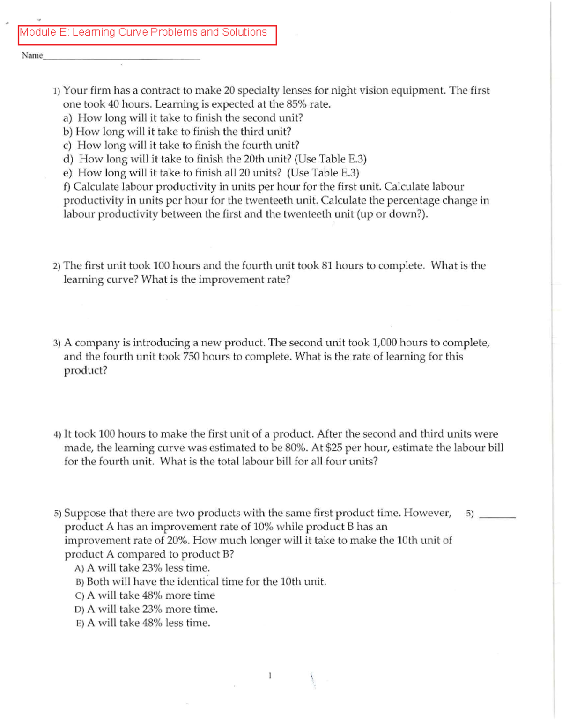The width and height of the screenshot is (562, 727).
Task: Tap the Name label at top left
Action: (32, 56)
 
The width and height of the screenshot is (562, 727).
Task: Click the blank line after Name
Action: (122, 59)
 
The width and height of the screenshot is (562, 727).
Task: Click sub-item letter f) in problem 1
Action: (67, 187)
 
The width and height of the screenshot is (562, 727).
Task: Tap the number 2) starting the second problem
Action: (57, 266)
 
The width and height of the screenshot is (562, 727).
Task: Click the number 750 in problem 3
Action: (191, 357)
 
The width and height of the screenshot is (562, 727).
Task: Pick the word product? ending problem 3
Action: (86, 371)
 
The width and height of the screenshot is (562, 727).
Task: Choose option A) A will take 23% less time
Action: (142, 568)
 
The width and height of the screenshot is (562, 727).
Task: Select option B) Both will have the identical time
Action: (201, 582)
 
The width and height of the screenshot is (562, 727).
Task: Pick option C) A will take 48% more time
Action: (145, 595)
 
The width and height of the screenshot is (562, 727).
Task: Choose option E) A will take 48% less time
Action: (143, 623)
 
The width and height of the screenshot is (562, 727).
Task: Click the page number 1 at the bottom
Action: (269, 676)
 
